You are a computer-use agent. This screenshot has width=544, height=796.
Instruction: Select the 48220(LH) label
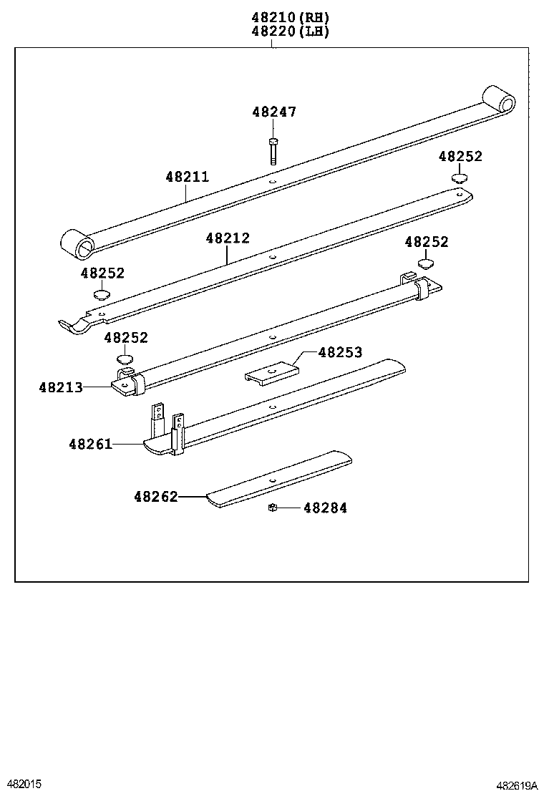click(x=290, y=31)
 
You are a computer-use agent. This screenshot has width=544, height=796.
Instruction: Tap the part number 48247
click(x=273, y=112)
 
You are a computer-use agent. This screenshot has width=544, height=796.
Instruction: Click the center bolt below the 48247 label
click(x=273, y=150)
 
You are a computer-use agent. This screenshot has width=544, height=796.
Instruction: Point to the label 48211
click(x=187, y=177)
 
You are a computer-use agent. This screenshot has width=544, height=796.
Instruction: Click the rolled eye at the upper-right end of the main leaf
click(x=500, y=100)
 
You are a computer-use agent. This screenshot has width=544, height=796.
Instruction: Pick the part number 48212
click(x=228, y=238)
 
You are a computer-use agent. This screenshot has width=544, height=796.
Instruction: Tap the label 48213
click(x=61, y=387)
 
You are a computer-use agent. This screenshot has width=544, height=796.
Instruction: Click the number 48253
click(x=340, y=352)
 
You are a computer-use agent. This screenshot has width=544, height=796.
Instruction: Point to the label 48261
click(x=91, y=445)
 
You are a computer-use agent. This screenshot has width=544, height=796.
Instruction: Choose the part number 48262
click(x=155, y=496)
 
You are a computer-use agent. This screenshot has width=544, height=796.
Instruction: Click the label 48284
click(x=325, y=508)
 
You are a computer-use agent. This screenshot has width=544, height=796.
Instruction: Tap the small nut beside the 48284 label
click(x=272, y=508)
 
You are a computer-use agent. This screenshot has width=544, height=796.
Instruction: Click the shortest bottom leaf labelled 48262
click(x=279, y=479)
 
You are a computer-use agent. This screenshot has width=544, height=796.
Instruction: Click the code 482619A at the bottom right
click(x=518, y=785)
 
